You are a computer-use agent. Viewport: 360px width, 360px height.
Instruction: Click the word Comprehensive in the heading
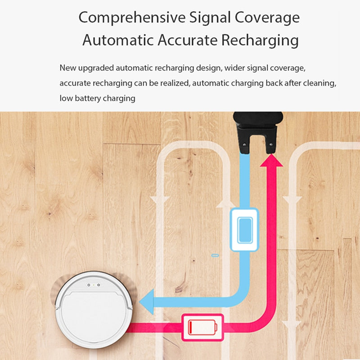coord(132,18)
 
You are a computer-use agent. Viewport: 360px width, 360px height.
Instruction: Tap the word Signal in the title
coord(210,18)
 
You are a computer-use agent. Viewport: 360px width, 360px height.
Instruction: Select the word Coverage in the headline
coord(267,18)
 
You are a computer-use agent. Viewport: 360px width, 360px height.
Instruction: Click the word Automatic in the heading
coord(118,40)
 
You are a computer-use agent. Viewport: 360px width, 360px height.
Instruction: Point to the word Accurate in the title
coord(188,40)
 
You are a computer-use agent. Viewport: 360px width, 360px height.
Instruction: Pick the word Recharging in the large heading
coord(260,40)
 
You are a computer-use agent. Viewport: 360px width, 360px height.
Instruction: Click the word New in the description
coord(68,68)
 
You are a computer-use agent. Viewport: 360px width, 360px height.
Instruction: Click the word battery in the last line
coord(88,99)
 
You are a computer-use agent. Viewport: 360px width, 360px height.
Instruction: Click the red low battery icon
coord(202,327)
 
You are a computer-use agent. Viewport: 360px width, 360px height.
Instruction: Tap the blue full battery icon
coord(244,230)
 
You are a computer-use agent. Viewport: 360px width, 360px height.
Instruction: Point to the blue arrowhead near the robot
coord(147,301)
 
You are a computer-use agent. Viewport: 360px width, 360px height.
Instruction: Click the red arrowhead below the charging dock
coord(271,160)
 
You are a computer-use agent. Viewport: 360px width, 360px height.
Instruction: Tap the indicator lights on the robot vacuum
coord(94,285)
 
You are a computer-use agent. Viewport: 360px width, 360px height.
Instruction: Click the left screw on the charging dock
coord(244,144)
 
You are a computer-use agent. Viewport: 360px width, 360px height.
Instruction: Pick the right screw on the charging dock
coord(271,144)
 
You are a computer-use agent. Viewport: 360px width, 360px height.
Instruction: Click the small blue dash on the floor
coord(215,255)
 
